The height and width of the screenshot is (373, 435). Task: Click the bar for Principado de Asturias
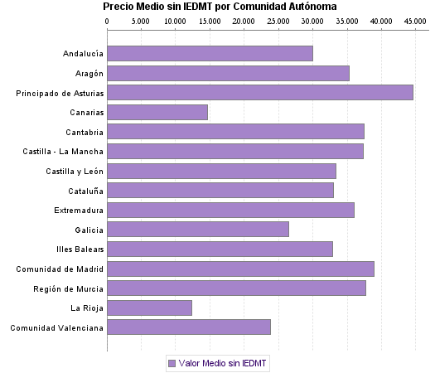[260, 93]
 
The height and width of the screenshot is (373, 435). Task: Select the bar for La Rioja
[150, 308]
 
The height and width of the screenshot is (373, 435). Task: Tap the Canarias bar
[157, 112]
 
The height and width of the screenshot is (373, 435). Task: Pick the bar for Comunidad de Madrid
[240, 269]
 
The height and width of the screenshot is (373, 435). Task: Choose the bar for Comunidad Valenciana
[189, 327]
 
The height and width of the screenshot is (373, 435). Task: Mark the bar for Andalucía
[210, 54]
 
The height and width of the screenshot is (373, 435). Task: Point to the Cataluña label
[83, 191]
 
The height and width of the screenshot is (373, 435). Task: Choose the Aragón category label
[85, 74]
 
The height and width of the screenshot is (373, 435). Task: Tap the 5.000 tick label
[142, 19]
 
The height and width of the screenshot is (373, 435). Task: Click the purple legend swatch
[172, 363]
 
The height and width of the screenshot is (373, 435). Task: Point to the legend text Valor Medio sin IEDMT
[223, 363]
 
